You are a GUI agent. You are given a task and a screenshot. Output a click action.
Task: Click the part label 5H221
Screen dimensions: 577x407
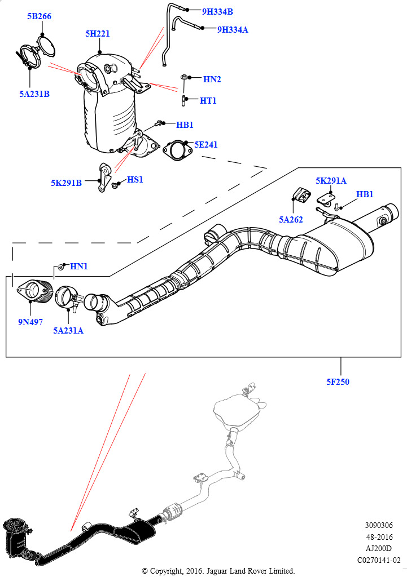97,34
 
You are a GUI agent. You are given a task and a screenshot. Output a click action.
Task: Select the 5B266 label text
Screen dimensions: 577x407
39,16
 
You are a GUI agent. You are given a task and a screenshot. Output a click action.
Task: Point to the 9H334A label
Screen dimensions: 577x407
232,29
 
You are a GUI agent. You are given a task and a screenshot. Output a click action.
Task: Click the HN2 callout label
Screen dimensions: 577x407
212,79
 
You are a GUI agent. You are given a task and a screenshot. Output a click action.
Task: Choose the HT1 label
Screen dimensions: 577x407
208,101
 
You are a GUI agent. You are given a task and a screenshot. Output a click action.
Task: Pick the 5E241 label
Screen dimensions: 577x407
205,145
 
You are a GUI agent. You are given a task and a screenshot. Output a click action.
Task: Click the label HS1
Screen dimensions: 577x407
135,180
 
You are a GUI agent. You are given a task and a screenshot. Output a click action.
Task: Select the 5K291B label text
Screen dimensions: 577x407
66,183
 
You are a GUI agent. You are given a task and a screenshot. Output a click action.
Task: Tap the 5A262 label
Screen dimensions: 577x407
291,219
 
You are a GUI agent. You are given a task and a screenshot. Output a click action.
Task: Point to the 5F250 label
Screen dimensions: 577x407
338,382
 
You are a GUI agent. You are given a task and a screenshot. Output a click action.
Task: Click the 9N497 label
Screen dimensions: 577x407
30,322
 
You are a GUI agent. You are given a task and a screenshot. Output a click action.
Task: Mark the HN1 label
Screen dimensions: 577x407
78,266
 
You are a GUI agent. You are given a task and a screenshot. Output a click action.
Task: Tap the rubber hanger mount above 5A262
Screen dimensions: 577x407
300,197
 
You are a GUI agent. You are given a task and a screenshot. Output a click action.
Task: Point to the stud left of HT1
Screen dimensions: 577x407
185,101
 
